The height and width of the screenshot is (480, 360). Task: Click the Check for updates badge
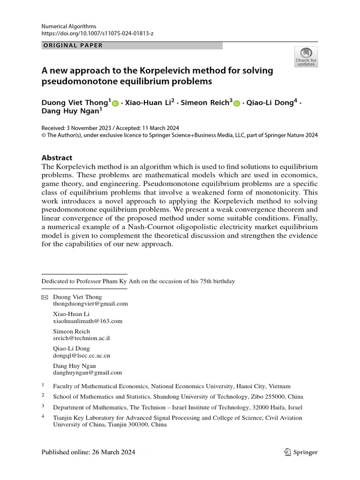click(306, 57)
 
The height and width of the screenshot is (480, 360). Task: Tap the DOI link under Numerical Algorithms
click(97, 34)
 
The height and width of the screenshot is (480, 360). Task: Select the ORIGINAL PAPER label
click(72, 45)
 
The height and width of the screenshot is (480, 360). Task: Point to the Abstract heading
click(57, 158)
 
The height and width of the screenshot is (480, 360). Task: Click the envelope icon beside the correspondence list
click(45, 298)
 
